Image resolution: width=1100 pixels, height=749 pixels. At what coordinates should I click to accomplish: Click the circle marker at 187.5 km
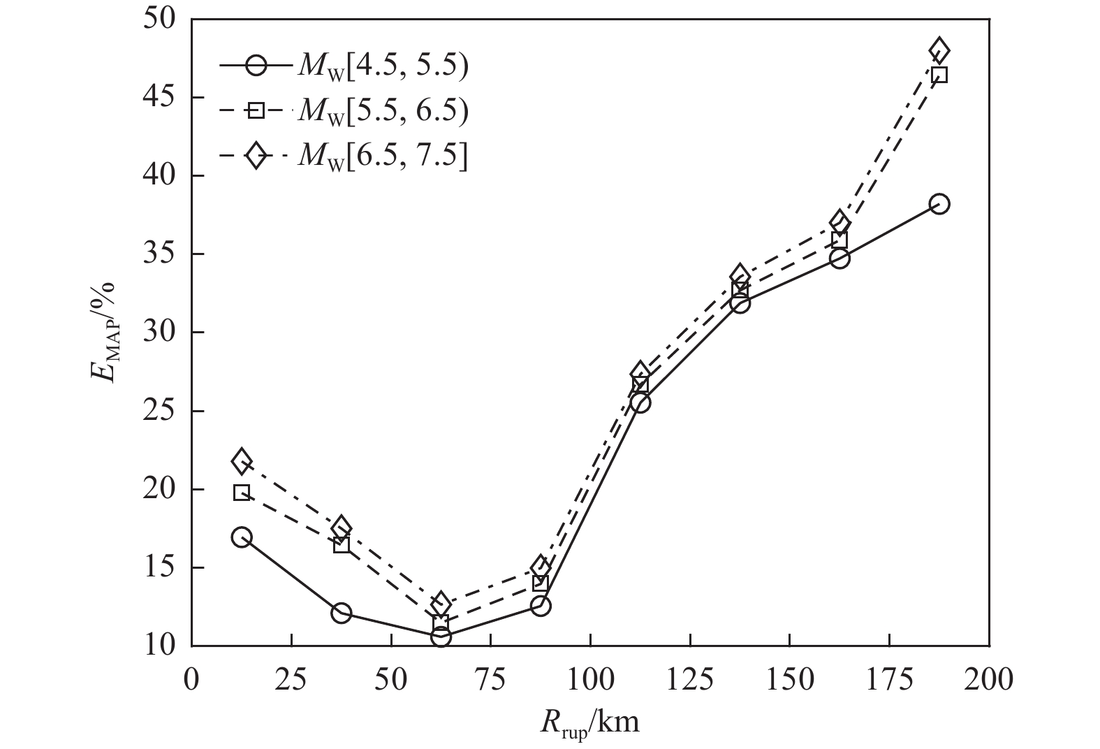939,204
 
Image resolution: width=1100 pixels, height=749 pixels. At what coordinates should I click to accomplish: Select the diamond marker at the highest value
939,50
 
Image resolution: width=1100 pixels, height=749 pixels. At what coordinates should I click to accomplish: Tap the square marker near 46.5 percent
939,75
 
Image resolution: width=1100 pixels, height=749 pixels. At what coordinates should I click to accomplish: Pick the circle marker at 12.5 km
242,537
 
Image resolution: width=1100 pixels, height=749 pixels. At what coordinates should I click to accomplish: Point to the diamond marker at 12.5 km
242,461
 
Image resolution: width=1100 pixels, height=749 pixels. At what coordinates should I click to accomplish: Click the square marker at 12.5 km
242,493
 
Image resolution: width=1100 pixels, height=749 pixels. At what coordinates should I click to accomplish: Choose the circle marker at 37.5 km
342,613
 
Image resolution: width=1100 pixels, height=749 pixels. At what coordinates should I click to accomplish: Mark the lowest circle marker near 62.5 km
441,637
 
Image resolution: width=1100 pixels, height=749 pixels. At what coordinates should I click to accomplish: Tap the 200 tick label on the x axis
989,679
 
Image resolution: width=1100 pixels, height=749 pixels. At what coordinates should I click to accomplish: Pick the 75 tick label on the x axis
490,679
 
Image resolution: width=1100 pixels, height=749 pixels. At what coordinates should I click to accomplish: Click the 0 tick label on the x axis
191,679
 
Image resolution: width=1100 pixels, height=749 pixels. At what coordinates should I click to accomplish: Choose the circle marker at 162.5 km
839,258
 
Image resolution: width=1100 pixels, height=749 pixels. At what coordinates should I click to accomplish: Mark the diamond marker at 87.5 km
541,567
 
